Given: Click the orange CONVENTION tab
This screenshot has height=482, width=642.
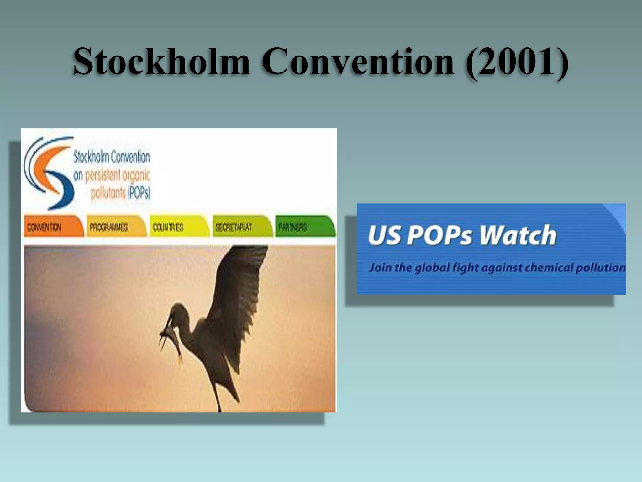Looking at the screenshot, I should (53, 227).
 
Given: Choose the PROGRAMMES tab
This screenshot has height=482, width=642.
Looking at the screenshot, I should (116, 227).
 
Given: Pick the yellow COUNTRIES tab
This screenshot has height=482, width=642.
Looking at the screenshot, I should (179, 227).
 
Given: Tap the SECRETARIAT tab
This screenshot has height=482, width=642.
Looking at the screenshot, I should (241, 227).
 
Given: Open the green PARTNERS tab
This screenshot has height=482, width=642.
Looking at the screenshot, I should (304, 227).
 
